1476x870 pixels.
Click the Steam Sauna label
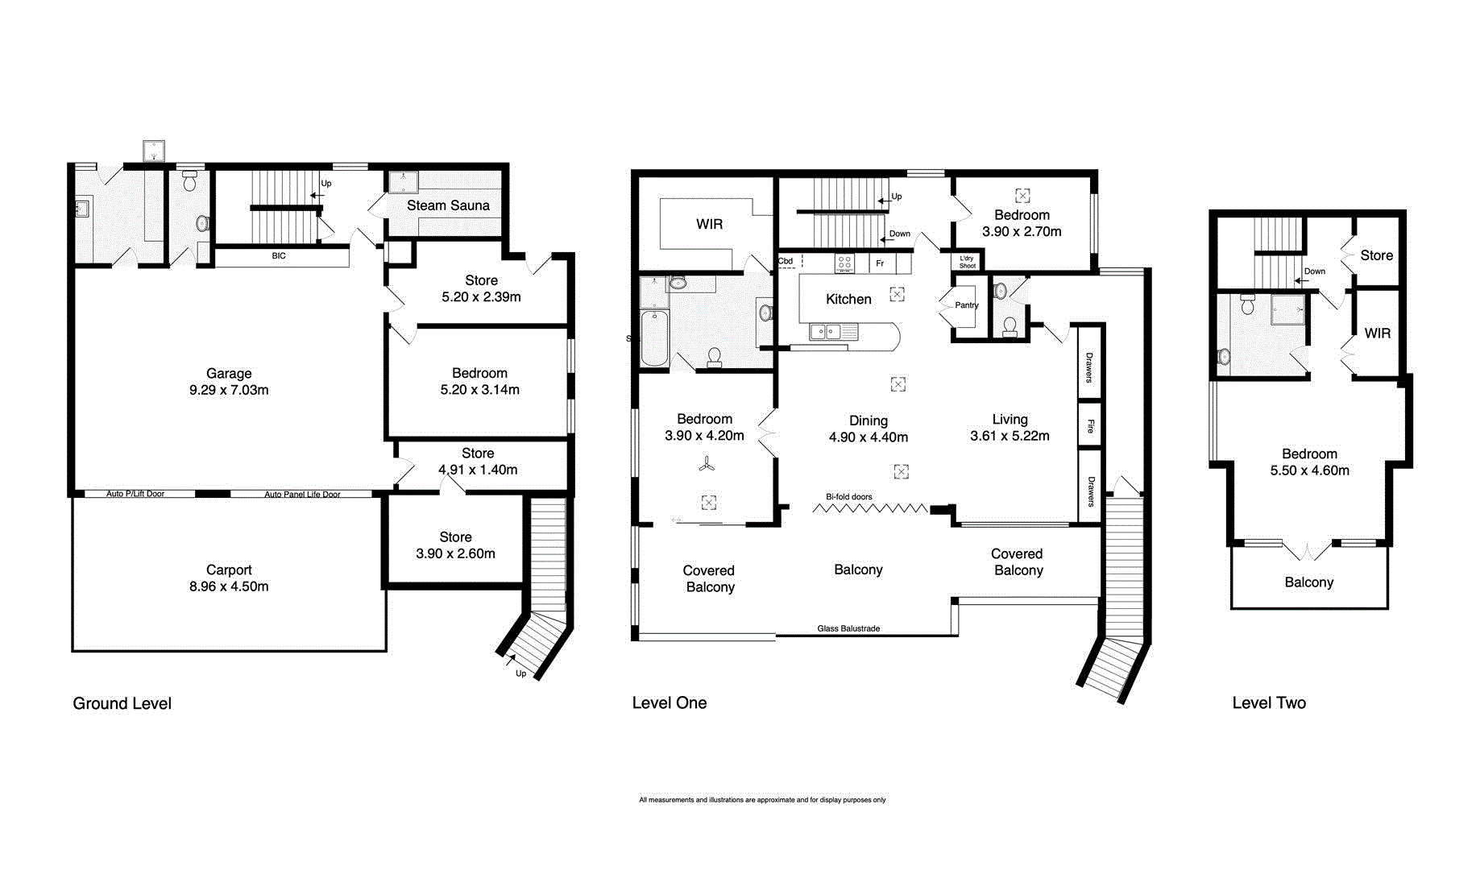448,205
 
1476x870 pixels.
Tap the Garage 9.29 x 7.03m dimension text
229,390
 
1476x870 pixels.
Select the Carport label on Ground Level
229,570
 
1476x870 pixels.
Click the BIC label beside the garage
279,256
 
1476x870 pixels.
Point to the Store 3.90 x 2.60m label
455,545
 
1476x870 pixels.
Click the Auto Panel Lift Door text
302,495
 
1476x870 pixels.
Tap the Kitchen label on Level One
848,299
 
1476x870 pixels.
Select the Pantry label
966,305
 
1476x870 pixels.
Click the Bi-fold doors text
848,497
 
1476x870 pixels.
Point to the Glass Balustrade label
848,628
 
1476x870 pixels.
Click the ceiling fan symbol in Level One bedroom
707,465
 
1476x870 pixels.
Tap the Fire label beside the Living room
1090,426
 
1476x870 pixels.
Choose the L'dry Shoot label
967,262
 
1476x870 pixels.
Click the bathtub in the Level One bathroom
654,338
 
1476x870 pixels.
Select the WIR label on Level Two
1377,333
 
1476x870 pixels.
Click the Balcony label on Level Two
1308,582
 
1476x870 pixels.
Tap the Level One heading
669,702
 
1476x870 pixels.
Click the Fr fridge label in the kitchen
880,263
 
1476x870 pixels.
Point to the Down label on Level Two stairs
1314,271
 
